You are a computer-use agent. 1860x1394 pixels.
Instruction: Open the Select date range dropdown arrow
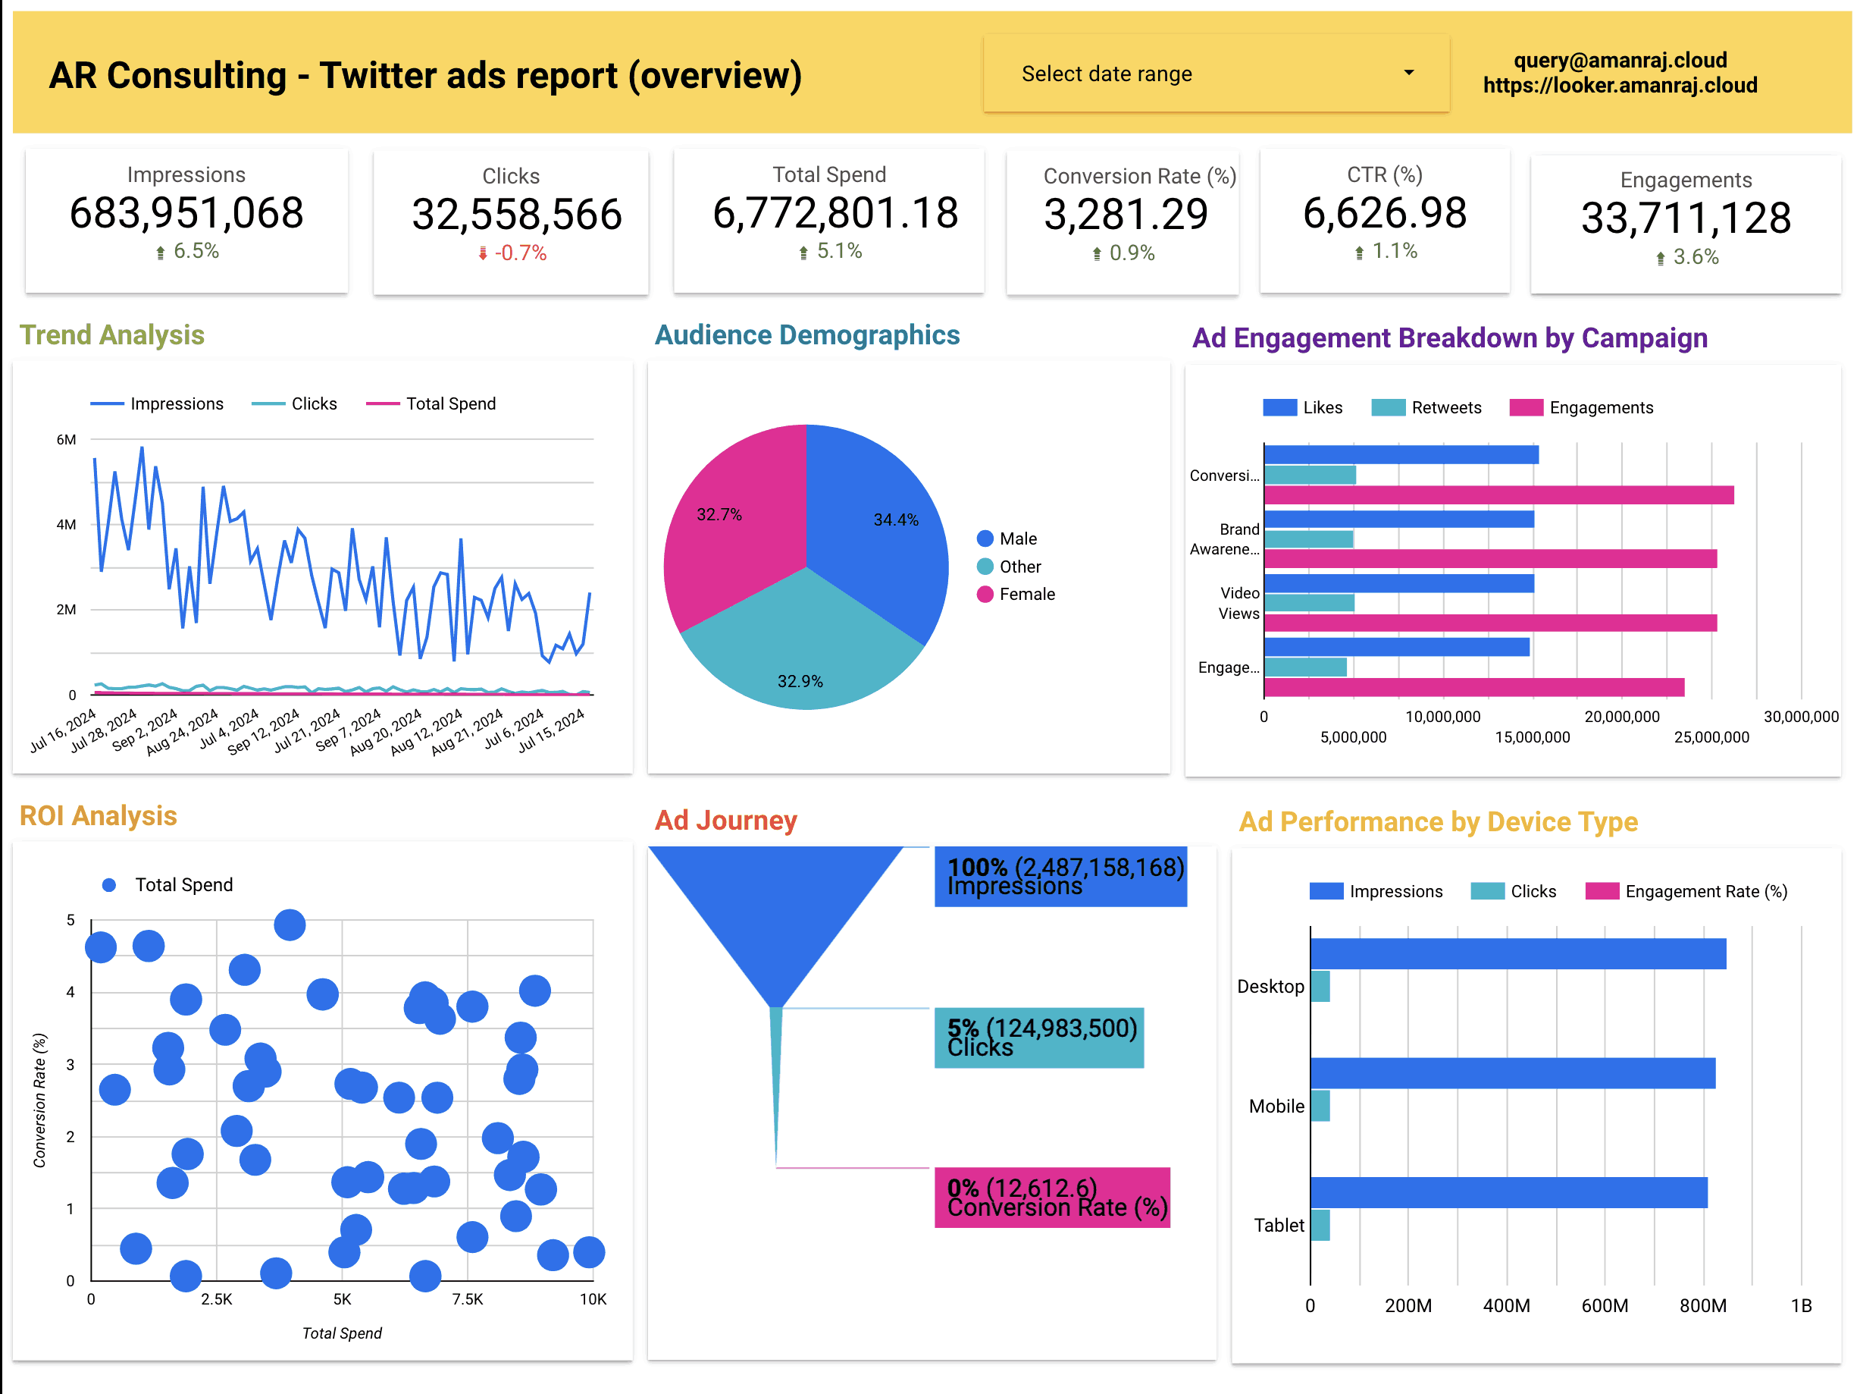[x=1408, y=74]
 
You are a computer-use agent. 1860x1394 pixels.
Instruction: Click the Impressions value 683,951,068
[x=186, y=214]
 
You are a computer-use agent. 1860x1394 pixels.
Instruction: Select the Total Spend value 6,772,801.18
[x=834, y=214]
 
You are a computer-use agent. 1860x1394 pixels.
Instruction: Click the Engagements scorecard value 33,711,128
[x=1685, y=218]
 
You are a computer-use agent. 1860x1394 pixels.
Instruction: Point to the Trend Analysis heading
[x=112, y=334]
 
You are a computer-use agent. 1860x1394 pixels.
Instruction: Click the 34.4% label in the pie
[x=896, y=520]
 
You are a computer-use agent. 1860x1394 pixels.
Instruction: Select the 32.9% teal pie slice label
[x=800, y=681]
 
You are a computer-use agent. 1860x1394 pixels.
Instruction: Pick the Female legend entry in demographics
[x=1026, y=594]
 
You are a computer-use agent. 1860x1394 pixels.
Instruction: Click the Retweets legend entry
[x=1445, y=408]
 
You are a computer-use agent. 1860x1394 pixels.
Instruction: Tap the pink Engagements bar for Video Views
[x=1489, y=623]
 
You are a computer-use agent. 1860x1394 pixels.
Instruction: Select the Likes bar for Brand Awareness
[x=1398, y=519]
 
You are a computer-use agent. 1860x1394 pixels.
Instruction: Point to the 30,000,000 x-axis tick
[x=1800, y=717]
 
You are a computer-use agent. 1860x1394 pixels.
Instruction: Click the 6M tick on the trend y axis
[x=66, y=439]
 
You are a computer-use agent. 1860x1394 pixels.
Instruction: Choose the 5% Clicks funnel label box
[x=1038, y=1038]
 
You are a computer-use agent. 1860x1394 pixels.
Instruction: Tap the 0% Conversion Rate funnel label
[x=1052, y=1197]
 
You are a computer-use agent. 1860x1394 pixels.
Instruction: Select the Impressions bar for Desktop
[x=1517, y=954]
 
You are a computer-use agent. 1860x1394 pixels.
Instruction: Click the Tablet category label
[x=1278, y=1226]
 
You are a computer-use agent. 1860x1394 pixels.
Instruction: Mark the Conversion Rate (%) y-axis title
[x=39, y=1100]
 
